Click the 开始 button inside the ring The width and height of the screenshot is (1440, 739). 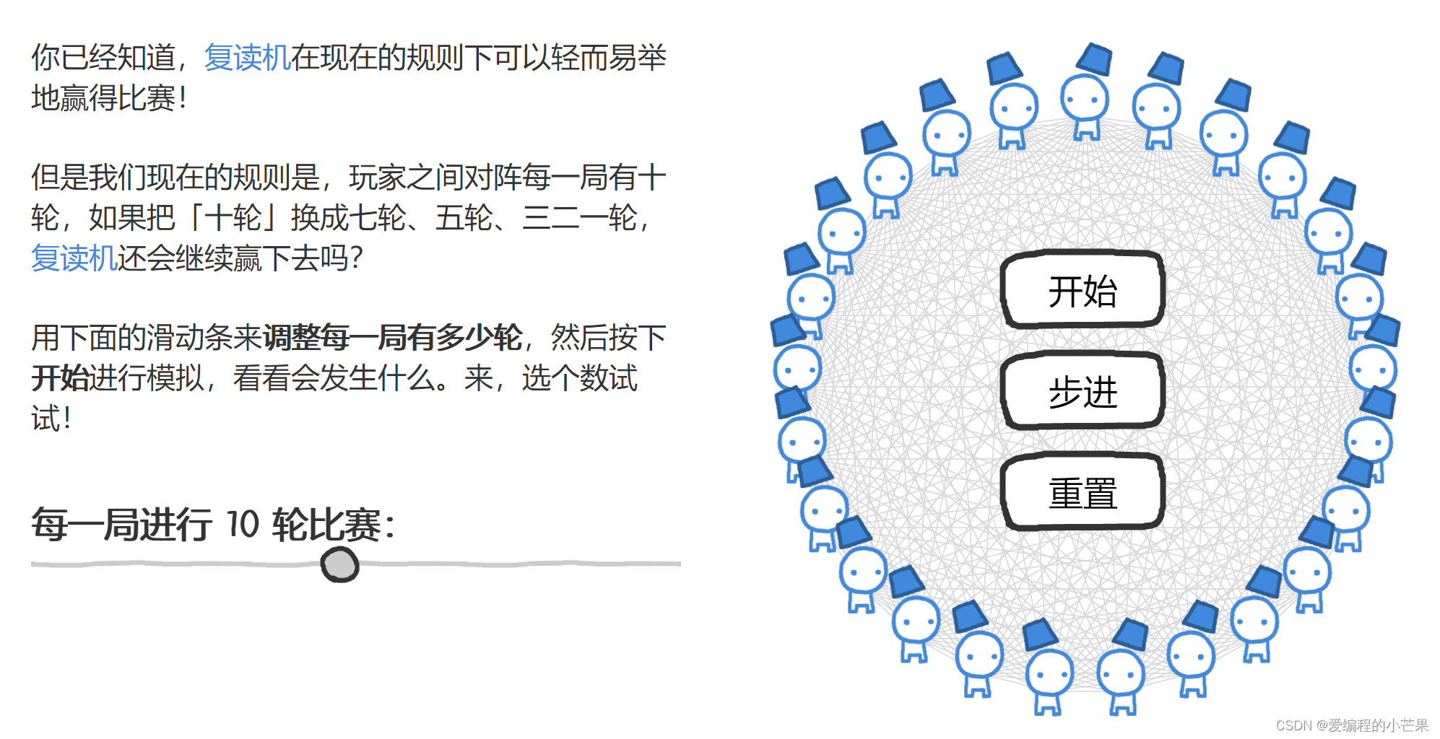(1082, 291)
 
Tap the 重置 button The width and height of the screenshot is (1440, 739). (1082, 493)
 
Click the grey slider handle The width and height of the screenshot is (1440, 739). (339, 564)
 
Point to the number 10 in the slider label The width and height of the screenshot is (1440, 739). (243, 524)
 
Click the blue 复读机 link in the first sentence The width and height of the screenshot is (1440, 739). (247, 58)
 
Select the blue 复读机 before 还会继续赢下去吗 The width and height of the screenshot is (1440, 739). (74, 258)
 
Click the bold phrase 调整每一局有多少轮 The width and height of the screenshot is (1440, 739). (392, 338)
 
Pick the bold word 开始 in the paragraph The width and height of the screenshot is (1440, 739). (60, 378)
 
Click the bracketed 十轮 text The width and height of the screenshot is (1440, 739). (233, 217)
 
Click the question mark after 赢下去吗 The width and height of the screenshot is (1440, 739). (355, 258)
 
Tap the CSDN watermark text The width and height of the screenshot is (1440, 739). (1351, 725)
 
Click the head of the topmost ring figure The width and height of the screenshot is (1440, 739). (1084, 98)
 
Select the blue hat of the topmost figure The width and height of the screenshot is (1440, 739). (1094, 58)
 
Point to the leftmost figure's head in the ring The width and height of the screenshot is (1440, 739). (797, 368)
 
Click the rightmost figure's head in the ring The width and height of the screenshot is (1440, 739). (1373, 368)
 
